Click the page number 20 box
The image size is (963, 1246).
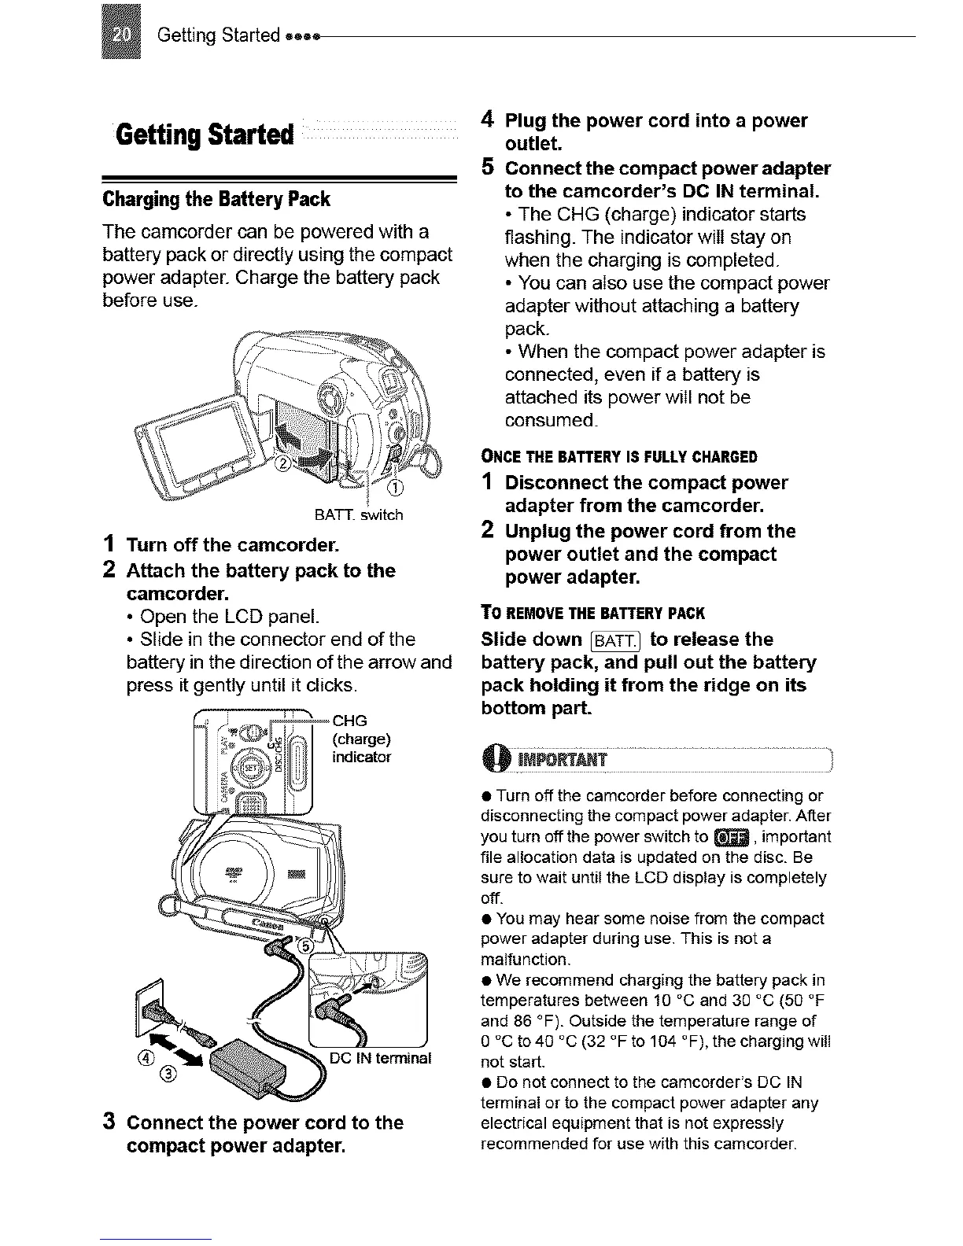tap(121, 33)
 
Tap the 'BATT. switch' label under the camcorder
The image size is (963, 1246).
tap(358, 515)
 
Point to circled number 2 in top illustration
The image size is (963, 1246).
tap(281, 464)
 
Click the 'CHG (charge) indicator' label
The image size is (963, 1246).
tap(361, 739)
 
